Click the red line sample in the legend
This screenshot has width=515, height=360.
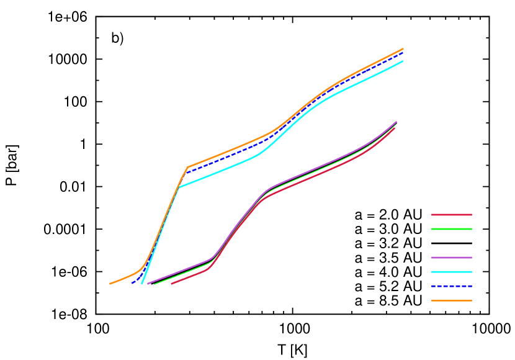pyautogui.click(x=452, y=215)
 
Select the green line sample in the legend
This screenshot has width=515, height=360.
pyautogui.click(x=452, y=229)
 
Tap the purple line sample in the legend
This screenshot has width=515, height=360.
pyautogui.click(x=452, y=258)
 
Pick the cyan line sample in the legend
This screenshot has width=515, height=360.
pyautogui.click(x=452, y=272)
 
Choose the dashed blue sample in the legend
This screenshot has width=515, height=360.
pyautogui.click(x=452, y=286)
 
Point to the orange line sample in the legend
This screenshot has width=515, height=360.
pyautogui.click(x=452, y=300)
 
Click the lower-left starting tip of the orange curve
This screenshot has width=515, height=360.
pyautogui.click(x=110, y=284)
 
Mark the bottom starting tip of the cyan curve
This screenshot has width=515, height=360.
pyautogui.click(x=142, y=284)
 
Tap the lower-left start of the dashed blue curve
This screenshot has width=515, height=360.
pyautogui.click(x=132, y=283)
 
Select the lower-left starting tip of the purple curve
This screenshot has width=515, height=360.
pyautogui.click(x=147, y=284)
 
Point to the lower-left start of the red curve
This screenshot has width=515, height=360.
pyautogui.click(x=172, y=284)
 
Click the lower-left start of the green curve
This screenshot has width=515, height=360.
pyautogui.click(x=154, y=284)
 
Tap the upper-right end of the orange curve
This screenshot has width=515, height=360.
pyautogui.click(x=403, y=48)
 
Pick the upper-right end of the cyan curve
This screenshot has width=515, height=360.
pyautogui.click(x=403, y=61)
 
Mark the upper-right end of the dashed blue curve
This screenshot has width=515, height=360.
pyautogui.click(x=403, y=53)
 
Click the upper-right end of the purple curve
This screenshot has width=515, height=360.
pyautogui.click(x=396, y=121)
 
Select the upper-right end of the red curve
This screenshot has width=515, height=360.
pyautogui.click(x=395, y=128)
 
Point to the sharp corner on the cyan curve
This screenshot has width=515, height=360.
pyautogui.click(x=179, y=186)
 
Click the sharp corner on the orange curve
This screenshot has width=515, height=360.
pyautogui.click(x=187, y=167)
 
